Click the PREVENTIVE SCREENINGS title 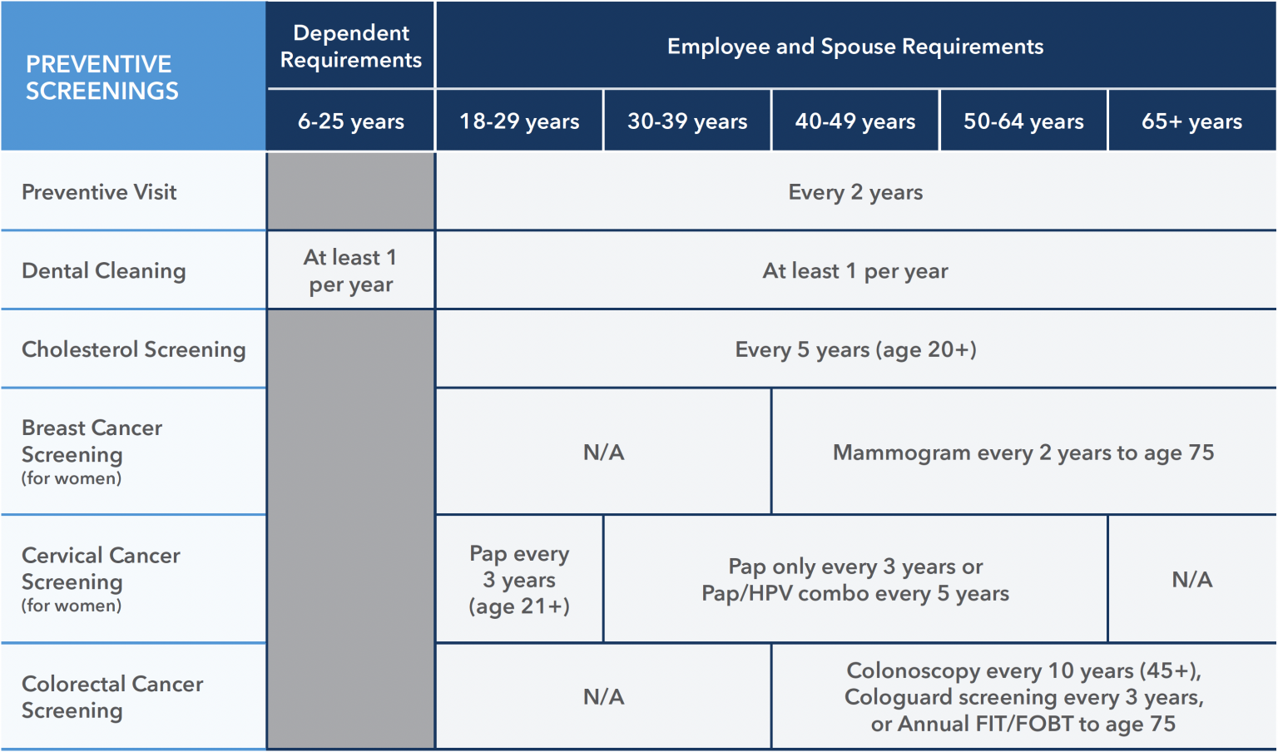click(102, 77)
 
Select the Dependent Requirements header click(350, 47)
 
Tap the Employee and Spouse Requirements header click(854, 47)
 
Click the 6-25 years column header click(350, 121)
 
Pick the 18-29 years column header click(519, 121)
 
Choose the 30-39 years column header click(687, 121)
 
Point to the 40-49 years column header click(854, 121)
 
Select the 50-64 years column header click(1023, 121)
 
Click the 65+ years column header click(1191, 121)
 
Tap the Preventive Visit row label click(99, 192)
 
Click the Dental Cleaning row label click(103, 271)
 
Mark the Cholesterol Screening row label click(133, 349)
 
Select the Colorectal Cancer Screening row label click(111, 697)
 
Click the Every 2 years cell click(854, 192)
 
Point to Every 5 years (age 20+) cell click(854, 349)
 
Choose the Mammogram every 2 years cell click(1023, 453)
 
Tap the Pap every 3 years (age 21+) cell click(519, 580)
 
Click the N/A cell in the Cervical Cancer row click(1191, 580)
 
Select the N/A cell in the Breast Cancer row click(603, 453)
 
